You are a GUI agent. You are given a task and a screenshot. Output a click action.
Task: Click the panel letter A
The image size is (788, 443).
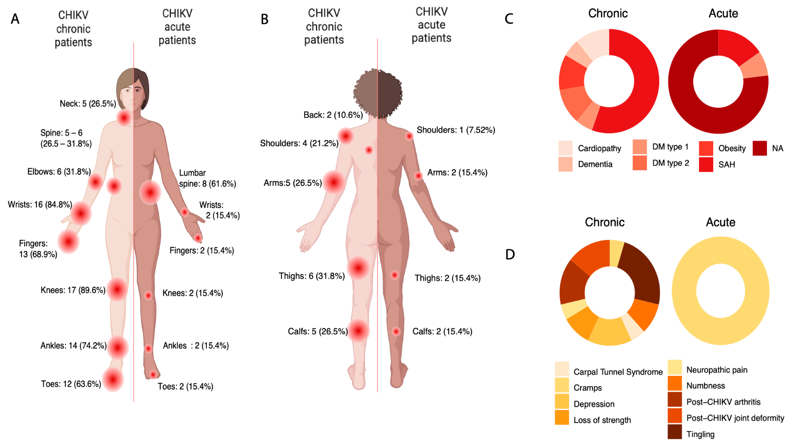[x=15, y=19]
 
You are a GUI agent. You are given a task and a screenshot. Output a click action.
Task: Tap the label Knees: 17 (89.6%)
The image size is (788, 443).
[x=73, y=290]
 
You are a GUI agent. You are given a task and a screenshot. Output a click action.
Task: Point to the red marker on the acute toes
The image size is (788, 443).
[x=153, y=374]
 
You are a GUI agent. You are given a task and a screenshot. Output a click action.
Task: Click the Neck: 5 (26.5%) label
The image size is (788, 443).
[x=88, y=104]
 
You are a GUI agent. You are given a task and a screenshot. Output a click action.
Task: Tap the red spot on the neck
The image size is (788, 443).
[x=124, y=118]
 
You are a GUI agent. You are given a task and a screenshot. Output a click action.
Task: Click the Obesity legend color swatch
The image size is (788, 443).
[x=706, y=148]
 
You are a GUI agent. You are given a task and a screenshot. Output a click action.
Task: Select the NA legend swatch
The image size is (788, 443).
[x=760, y=148]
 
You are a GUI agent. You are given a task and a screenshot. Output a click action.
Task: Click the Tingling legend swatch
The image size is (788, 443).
[x=675, y=432]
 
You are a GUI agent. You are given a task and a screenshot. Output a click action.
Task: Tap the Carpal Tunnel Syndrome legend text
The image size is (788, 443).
[x=618, y=372]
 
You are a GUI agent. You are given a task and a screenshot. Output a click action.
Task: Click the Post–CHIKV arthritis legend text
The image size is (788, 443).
[x=723, y=402]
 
